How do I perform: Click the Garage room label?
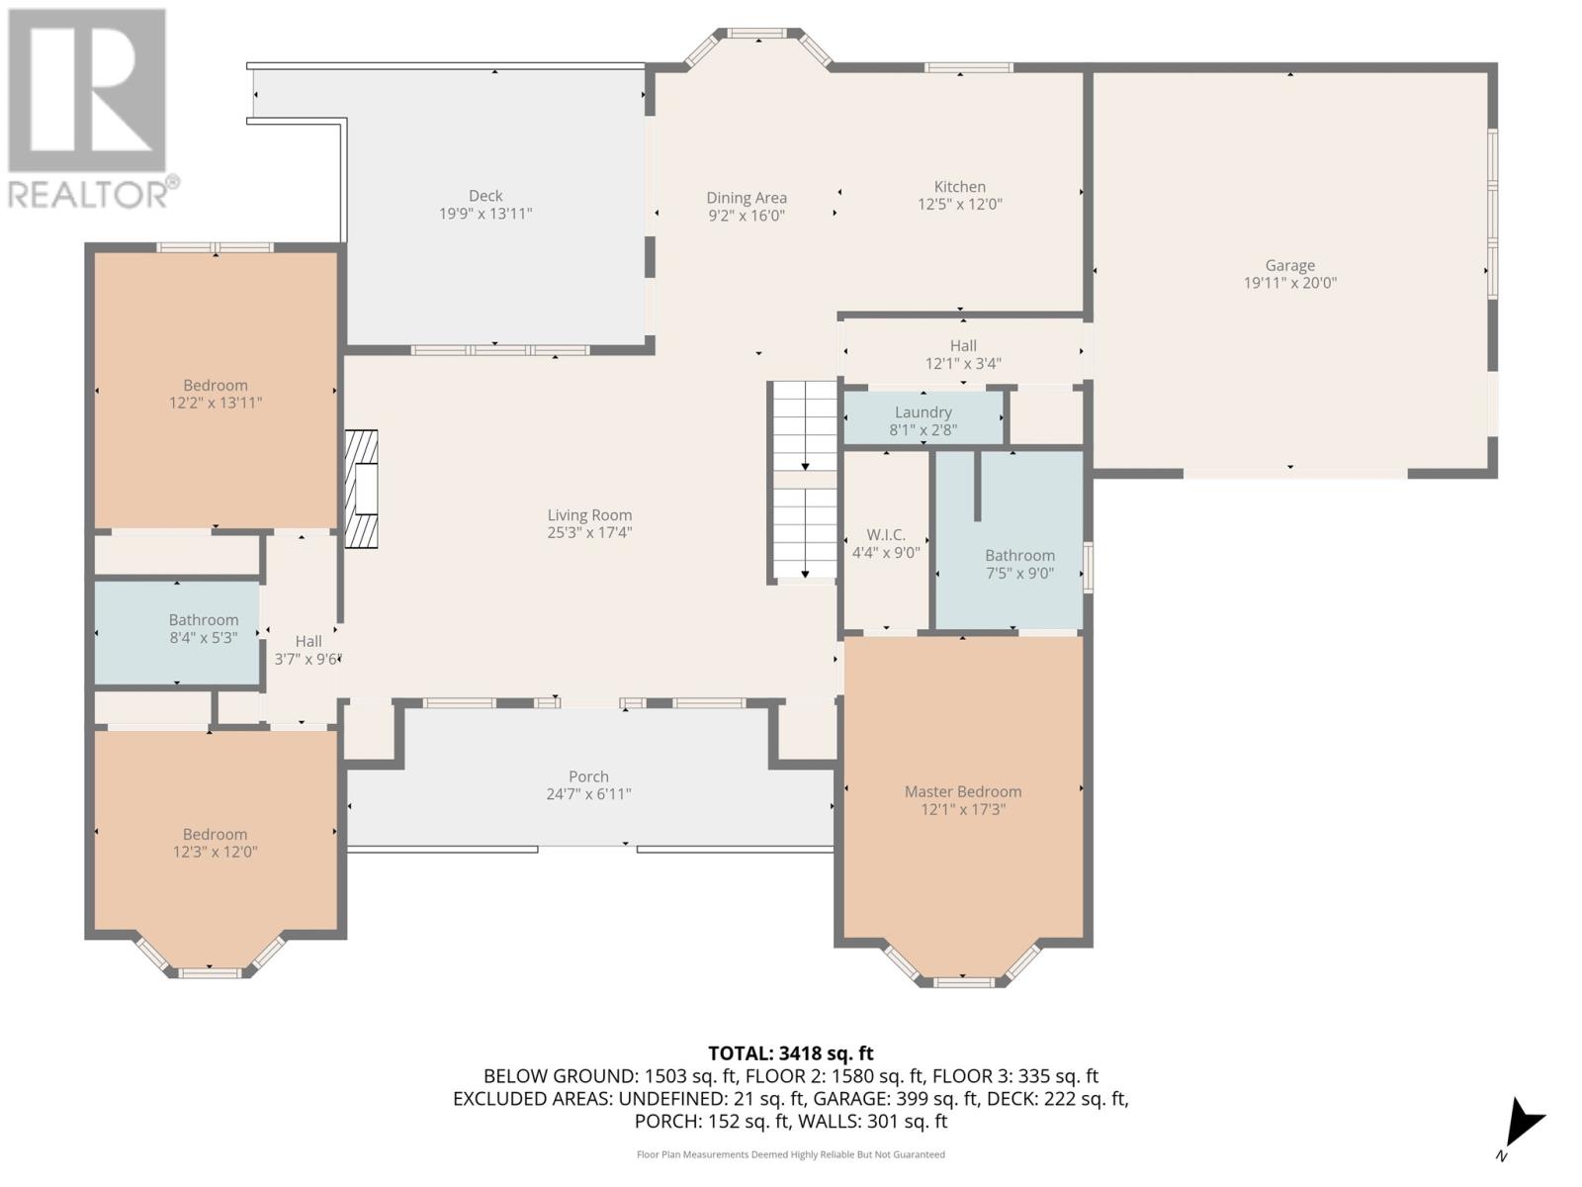point(1289,265)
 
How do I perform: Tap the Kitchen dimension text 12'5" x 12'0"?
point(959,204)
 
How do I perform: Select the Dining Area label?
point(746,198)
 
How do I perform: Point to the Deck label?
point(485,195)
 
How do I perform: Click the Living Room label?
point(589,514)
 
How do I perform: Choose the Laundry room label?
point(923,412)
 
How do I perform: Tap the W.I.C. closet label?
point(886,535)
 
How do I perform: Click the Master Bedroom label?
point(963,791)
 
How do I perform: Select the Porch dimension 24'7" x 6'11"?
point(589,794)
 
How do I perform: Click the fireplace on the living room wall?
point(361,490)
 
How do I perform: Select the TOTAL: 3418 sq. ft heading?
point(791,1053)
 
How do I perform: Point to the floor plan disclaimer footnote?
point(791,1154)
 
